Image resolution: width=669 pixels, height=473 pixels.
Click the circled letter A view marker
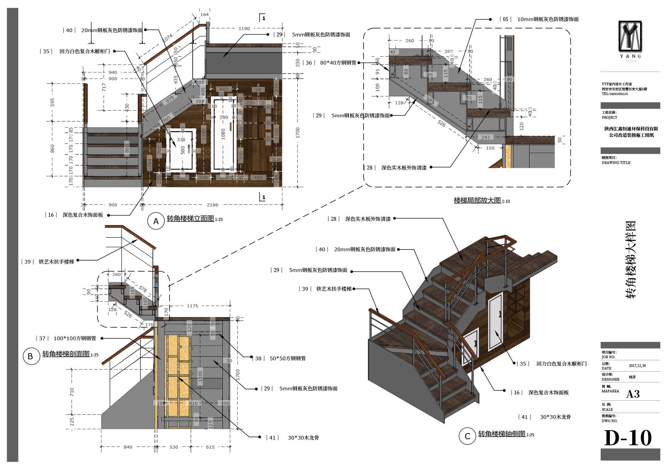[156, 221]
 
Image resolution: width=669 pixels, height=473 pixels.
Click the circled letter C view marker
[467, 436]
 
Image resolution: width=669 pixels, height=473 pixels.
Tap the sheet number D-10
[628, 438]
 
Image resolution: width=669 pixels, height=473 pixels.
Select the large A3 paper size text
[633, 394]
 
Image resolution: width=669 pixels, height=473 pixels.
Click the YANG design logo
[630, 37]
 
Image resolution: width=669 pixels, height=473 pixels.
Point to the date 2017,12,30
[637, 366]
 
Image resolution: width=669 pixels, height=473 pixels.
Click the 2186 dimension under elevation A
[212, 205]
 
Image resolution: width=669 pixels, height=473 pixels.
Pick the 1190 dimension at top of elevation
[244, 29]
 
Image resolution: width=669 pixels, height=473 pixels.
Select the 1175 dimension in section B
[193, 306]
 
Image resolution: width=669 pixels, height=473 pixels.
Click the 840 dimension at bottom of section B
[128, 447]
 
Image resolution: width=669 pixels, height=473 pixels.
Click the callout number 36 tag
[309, 63]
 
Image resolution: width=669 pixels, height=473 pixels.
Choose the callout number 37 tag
[42, 338]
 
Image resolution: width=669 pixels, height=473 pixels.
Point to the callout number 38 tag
[258, 358]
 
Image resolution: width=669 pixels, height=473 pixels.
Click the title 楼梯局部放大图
[477, 200]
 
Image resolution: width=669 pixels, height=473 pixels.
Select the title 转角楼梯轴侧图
[501, 434]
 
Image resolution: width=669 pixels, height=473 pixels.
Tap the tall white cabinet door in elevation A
[223, 134]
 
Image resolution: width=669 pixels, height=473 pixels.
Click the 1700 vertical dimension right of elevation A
[298, 132]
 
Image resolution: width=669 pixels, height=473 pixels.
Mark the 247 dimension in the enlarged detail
[486, 137]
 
